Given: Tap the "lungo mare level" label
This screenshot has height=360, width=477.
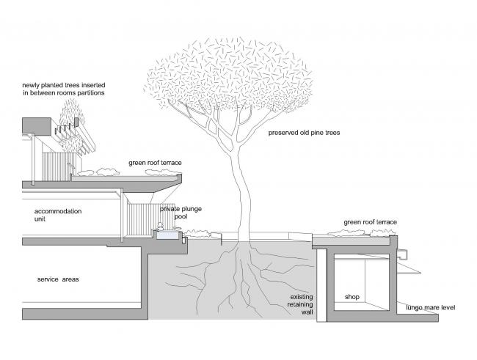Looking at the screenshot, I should tap(431, 307).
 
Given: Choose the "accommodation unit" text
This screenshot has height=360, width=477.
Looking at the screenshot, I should tap(57, 215).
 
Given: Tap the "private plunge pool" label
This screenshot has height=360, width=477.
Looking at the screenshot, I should tap(181, 213).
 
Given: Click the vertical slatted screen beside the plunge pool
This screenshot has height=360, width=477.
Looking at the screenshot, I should tap(139, 220).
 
